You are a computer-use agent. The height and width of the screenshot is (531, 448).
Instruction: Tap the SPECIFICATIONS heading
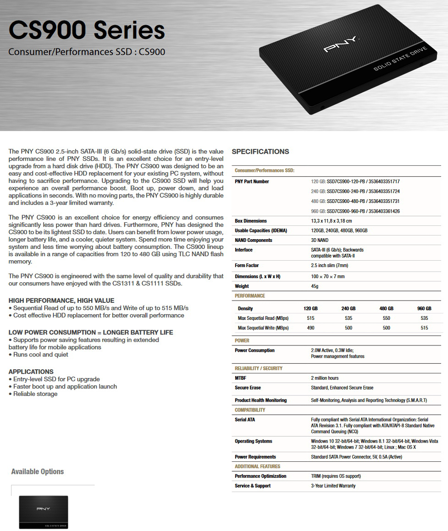tap(260, 152)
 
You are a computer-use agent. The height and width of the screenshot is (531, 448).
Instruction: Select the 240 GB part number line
tap(355, 191)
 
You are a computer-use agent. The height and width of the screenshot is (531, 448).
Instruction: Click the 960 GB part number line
tap(355, 211)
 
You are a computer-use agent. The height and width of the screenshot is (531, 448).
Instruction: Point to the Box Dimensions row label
tap(250, 221)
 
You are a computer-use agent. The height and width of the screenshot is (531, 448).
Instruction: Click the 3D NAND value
tap(320, 240)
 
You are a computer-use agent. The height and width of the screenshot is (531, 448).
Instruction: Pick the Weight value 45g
tap(315, 286)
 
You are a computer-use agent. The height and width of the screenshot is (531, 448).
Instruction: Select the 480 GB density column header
tap(386, 308)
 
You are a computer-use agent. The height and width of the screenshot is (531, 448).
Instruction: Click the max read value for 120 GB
tap(310, 318)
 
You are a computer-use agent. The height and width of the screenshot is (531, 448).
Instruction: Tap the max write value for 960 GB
tap(424, 328)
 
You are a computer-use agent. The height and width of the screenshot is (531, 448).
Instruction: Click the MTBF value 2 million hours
tap(325, 378)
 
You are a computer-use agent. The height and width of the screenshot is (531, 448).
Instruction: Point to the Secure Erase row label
tap(248, 388)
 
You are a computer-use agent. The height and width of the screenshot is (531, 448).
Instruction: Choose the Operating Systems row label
tap(253, 441)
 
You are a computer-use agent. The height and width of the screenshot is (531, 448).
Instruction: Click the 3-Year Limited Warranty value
tap(333, 486)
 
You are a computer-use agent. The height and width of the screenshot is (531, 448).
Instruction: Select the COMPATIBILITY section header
tap(250, 410)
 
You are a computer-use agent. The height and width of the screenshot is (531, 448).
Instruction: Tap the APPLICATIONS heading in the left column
tap(31, 372)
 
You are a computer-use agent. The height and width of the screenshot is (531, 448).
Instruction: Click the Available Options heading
tap(37, 471)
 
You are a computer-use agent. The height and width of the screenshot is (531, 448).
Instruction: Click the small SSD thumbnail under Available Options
tap(43, 512)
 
